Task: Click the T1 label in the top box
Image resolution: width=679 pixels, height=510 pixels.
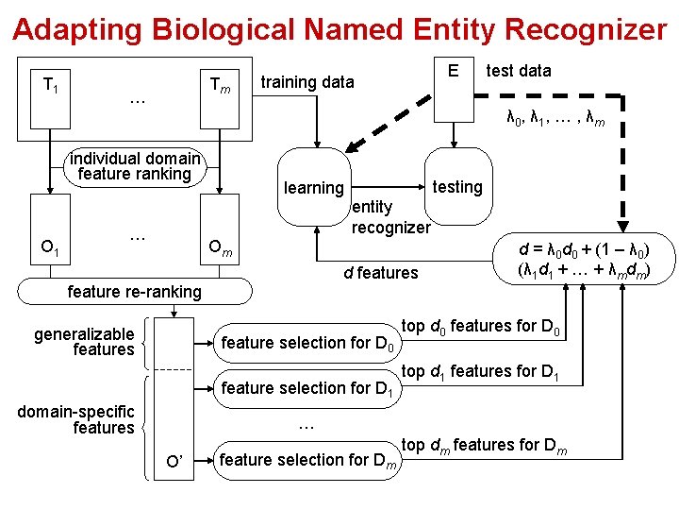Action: (50, 86)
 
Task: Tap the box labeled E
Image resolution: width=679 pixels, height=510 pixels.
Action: (454, 72)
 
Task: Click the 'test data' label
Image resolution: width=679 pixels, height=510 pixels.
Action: (519, 71)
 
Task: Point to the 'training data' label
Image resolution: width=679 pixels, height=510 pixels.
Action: (307, 82)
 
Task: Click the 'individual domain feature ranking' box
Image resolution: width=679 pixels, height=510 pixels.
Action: (134, 166)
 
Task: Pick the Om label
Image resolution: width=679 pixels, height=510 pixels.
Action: (220, 248)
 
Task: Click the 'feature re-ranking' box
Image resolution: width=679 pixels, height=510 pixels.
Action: (134, 292)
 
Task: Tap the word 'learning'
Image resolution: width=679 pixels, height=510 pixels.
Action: (314, 188)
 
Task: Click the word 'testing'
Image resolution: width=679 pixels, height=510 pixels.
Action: (456, 187)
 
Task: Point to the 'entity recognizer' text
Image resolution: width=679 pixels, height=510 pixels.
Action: (389, 218)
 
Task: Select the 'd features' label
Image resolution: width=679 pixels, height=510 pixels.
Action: (380, 273)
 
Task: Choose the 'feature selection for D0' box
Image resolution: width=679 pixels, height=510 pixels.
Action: (304, 343)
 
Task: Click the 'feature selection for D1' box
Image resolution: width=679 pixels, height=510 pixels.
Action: (304, 387)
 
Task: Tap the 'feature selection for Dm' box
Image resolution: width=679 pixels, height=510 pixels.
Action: (307, 460)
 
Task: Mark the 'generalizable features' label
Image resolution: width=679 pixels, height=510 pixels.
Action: (85, 342)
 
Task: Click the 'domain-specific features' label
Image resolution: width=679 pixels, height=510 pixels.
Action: (76, 419)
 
